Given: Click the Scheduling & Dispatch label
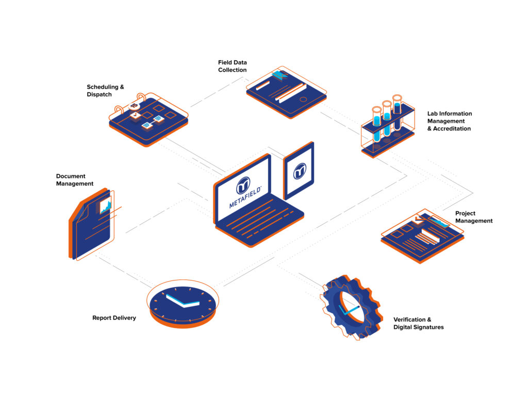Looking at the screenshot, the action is (105, 91).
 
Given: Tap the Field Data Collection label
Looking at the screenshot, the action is (233, 66).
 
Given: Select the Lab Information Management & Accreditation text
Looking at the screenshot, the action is (450, 121).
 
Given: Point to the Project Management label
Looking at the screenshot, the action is (474, 217).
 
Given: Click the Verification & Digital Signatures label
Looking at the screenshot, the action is (419, 323).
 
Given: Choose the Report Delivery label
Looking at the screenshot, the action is (114, 318).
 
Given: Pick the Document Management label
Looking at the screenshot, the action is (75, 180).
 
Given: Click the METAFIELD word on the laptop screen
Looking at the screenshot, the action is (245, 197).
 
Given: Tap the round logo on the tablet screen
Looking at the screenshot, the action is (300, 171).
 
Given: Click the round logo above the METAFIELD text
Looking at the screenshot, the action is (243, 186).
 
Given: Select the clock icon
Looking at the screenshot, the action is (183, 304).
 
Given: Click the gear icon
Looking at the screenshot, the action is (352, 307).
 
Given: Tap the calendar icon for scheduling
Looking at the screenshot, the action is (148, 120).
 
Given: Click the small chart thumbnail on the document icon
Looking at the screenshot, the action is (105, 205).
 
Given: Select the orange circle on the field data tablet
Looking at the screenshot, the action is (303, 100).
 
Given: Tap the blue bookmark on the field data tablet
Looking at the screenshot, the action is (279, 75).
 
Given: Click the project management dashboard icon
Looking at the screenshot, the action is (423, 236).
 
